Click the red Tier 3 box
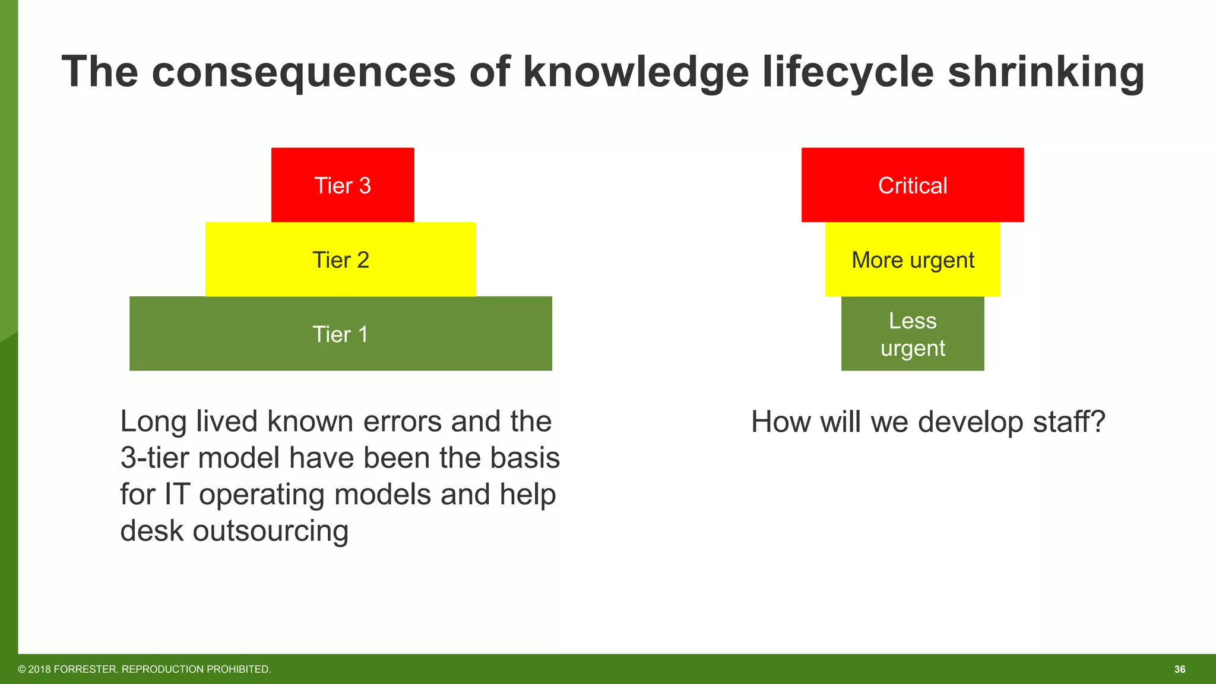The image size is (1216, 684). click(x=343, y=185)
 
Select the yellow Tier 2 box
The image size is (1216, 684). click(x=340, y=259)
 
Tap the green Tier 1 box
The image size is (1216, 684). click(x=340, y=334)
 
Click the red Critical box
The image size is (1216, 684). click(x=913, y=185)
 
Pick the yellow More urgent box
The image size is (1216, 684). click(x=913, y=259)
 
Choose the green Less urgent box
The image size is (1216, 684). click(x=913, y=334)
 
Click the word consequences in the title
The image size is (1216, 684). click(x=304, y=72)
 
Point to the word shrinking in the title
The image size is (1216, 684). click(x=1046, y=72)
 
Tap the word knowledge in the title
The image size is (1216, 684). click(x=636, y=72)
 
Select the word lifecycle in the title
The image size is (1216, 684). click(x=848, y=72)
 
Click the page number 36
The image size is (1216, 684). click(x=1180, y=669)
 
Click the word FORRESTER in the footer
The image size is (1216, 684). click(x=85, y=669)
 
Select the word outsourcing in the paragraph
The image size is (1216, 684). click(x=270, y=531)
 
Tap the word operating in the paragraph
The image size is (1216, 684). click(x=261, y=495)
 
